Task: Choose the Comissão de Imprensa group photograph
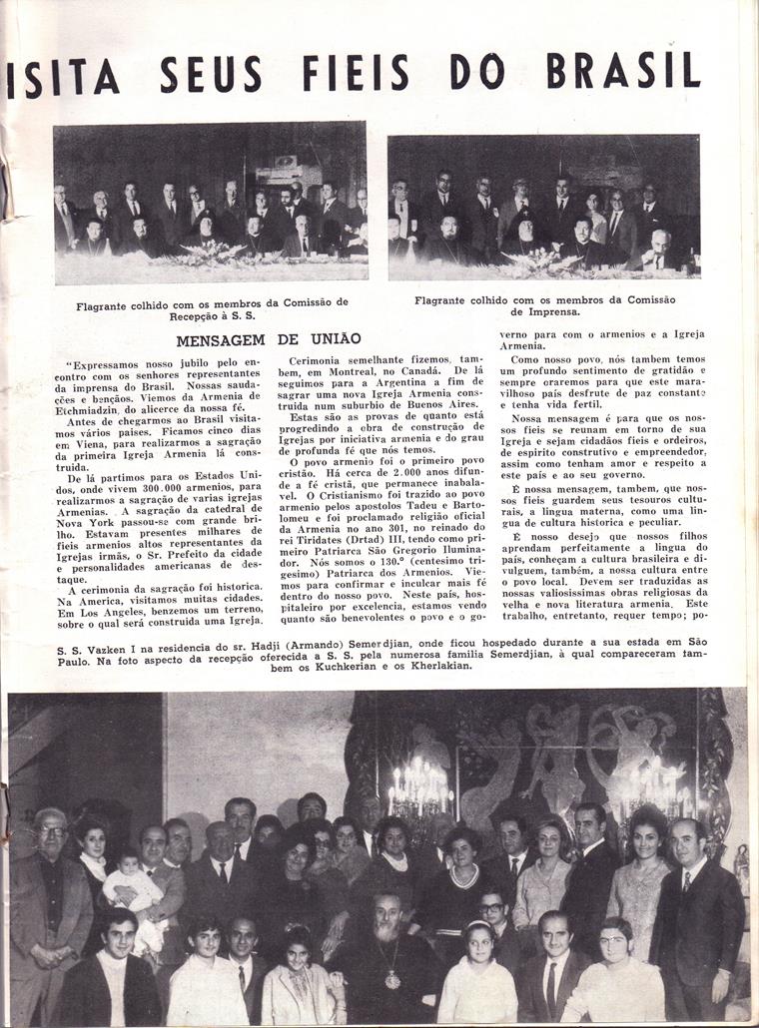(543, 208)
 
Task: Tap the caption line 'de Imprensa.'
(543, 310)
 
